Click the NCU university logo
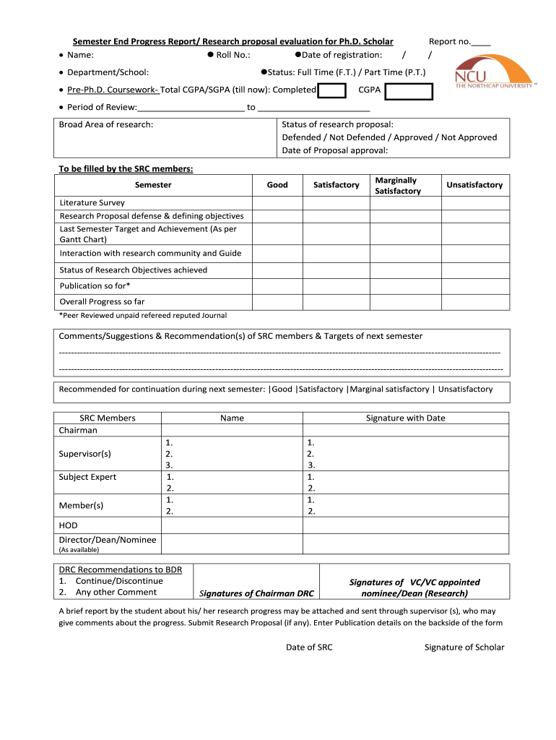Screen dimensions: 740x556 494,73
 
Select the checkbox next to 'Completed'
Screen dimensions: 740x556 332,90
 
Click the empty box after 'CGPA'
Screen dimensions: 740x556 408,91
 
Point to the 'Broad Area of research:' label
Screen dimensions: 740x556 106,124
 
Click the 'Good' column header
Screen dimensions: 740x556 277,185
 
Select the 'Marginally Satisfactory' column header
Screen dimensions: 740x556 397,186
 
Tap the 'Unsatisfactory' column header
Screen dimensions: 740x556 474,185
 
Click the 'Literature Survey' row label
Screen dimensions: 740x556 92,203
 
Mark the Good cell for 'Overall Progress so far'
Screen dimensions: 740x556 277,302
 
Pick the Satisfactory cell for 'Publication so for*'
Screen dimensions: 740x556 336,286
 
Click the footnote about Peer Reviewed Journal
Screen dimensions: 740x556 143,315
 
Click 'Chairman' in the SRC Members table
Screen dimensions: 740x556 78,430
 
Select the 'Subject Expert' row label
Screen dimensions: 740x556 87,477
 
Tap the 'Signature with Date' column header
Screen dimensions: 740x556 406,418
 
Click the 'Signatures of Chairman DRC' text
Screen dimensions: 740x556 256,593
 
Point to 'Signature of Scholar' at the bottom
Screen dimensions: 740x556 464,647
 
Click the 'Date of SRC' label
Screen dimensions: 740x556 309,647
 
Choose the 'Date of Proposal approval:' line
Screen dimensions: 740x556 335,150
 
